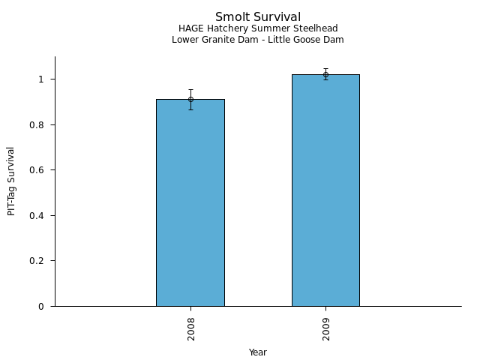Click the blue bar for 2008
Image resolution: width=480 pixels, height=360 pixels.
point(190,202)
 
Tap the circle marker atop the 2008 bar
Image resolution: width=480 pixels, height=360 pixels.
point(190,99)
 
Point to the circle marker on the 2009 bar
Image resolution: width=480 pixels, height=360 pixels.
point(325,74)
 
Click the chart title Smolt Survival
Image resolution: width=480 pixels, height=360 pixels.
point(258,17)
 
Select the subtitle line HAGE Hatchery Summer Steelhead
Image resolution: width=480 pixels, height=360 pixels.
point(258,29)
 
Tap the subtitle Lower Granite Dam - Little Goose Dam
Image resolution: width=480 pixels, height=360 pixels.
point(258,40)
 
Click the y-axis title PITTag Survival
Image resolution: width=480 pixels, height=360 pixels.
point(11,181)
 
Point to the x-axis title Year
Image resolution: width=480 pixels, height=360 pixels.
point(258,352)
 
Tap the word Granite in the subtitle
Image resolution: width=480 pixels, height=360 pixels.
point(217,40)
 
